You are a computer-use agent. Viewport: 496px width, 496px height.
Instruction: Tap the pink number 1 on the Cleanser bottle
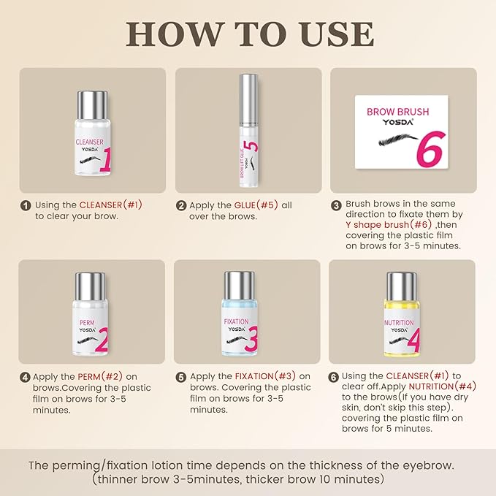(x=107, y=159)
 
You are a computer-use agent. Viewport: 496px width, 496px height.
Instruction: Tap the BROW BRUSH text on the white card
(x=397, y=112)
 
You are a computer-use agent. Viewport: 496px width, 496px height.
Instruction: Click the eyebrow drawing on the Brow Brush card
(x=398, y=140)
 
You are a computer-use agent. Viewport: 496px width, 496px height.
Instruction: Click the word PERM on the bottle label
(x=87, y=323)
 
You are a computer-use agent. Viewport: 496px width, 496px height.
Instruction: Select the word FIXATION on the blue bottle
(x=236, y=321)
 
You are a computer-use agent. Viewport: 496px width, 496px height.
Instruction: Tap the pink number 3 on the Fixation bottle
(x=251, y=339)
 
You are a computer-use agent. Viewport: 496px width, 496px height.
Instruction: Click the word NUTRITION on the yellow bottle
(x=399, y=323)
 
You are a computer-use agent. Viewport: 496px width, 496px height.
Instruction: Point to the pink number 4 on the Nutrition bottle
(x=413, y=340)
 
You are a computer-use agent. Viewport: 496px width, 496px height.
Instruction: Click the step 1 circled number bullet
(x=26, y=205)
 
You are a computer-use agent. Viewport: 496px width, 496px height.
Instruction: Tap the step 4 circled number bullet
(x=25, y=378)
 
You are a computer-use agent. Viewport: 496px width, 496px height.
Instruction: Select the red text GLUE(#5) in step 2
(x=256, y=205)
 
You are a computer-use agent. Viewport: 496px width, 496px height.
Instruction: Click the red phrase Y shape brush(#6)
(x=389, y=224)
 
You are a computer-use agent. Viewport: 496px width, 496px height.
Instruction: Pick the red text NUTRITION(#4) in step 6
(x=442, y=386)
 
